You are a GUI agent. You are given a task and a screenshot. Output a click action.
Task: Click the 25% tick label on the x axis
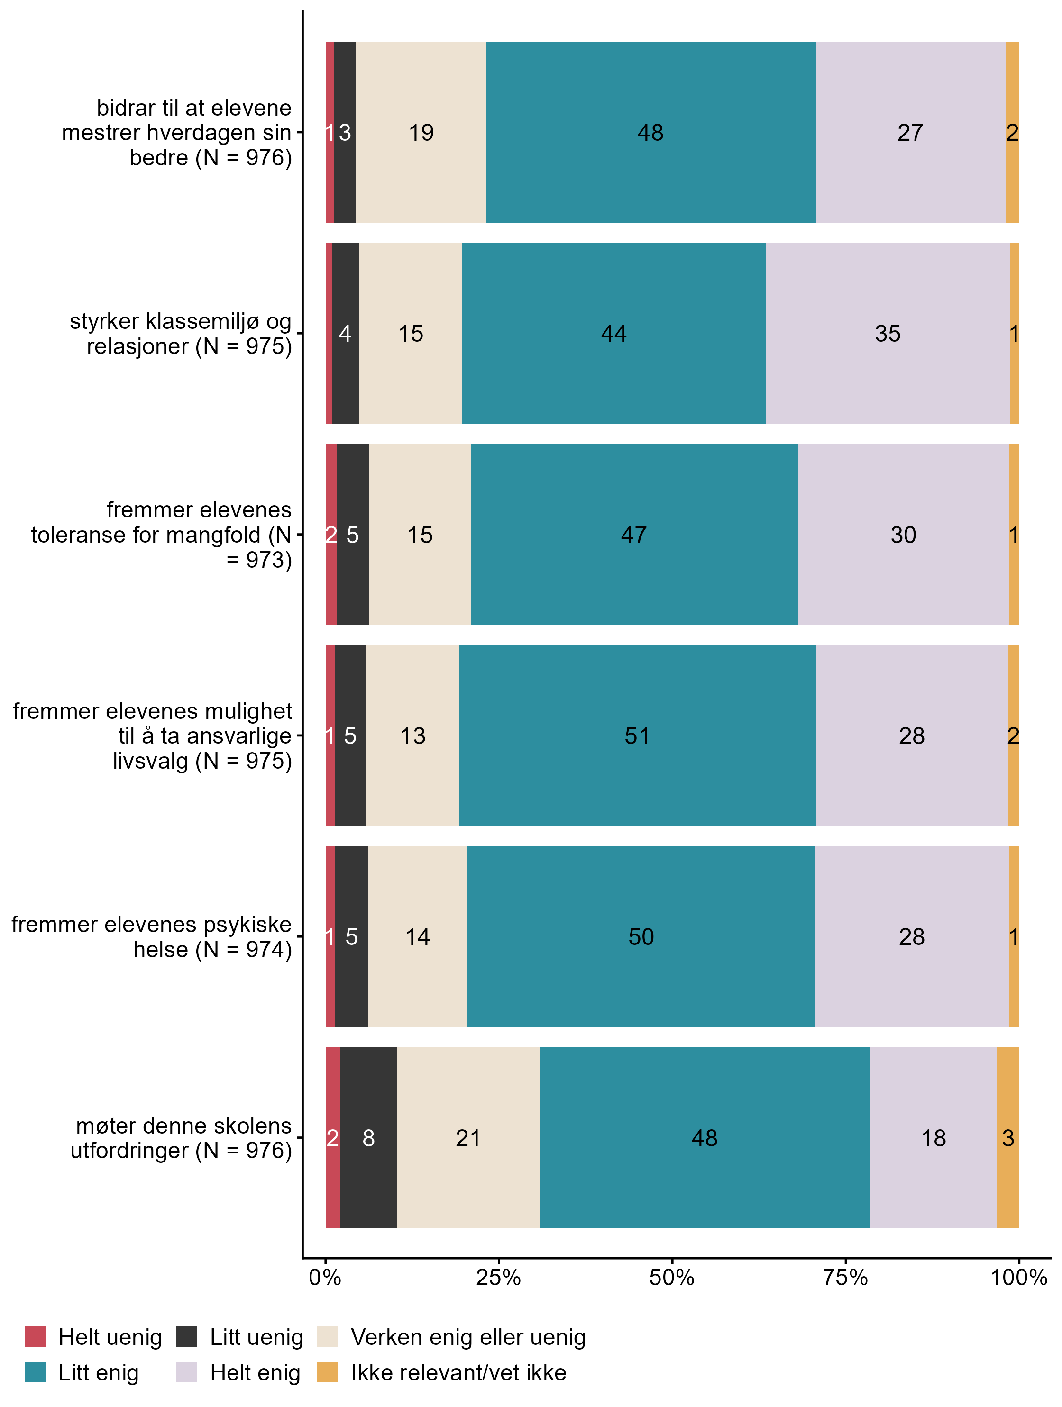pos(498,1277)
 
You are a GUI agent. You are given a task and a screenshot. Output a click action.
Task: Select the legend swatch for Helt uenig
pos(35,1336)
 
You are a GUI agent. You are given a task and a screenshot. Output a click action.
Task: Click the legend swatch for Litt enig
pos(35,1372)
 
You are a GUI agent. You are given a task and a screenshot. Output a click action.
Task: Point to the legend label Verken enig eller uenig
pos(467,1337)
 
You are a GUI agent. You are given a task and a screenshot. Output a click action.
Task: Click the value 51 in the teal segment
pos(637,736)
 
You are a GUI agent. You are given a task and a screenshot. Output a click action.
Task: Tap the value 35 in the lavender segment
pos(887,333)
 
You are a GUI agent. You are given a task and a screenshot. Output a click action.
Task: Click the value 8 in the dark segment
pos(368,1138)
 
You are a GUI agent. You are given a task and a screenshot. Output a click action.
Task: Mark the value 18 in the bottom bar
pos(934,1138)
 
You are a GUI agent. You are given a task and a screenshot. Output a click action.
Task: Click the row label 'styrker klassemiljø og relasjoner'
pos(182,333)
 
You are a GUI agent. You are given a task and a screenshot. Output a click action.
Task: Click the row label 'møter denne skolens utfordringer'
pos(182,1138)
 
